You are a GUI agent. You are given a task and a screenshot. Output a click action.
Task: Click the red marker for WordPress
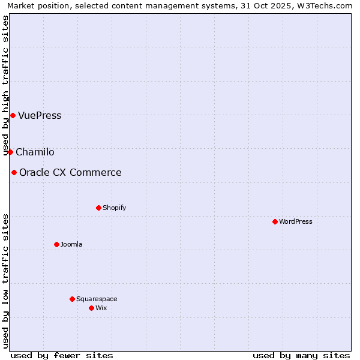click(275, 221)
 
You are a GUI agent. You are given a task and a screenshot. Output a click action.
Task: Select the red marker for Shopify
click(99, 208)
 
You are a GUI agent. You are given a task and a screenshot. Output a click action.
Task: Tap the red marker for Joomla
click(57, 244)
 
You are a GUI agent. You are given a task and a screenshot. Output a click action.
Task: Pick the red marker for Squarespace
click(73, 299)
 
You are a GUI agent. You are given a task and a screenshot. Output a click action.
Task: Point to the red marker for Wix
click(92, 308)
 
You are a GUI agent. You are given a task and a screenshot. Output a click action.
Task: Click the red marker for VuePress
click(13, 115)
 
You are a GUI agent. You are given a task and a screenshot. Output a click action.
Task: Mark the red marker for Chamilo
click(10, 152)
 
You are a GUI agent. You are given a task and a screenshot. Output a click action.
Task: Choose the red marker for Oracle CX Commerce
click(14, 172)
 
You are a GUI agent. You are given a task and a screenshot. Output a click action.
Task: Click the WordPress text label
click(296, 221)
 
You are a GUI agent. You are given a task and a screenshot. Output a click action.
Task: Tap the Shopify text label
click(115, 208)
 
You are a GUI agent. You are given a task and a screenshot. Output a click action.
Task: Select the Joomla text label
click(71, 244)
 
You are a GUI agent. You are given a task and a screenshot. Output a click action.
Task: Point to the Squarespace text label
click(97, 299)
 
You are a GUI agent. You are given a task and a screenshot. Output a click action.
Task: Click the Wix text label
click(101, 308)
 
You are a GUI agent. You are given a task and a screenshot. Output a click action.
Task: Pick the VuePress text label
click(40, 115)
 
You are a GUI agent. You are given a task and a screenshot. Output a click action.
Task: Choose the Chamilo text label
click(35, 152)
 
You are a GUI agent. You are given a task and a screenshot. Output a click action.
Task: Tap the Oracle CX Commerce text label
click(70, 172)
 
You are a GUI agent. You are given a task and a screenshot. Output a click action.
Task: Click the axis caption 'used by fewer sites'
click(62, 355)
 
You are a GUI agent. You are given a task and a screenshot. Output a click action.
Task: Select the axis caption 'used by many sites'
click(301, 355)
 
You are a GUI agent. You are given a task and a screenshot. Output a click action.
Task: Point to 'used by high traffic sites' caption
click(6, 85)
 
